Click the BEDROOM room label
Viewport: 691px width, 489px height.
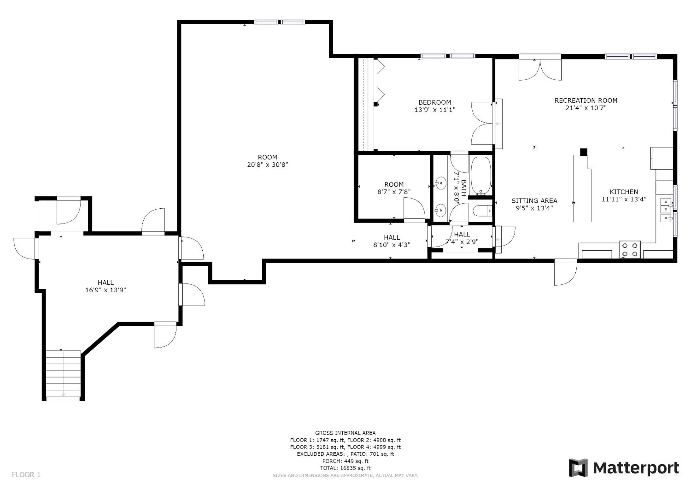[x=435, y=102]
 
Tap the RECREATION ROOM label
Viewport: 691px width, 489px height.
[x=586, y=101]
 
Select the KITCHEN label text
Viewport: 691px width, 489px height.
[x=624, y=192]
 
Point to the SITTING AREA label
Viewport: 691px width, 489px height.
[x=534, y=201]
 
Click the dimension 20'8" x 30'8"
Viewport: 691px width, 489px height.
[x=267, y=165]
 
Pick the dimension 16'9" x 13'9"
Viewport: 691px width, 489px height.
[x=105, y=290]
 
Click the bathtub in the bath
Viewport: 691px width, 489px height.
[x=481, y=175]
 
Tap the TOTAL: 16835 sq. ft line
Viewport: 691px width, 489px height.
[x=345, y=468]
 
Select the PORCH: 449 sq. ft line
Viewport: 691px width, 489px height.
[x=345, y=461]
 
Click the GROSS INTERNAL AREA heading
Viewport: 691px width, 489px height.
[x=345, y=433]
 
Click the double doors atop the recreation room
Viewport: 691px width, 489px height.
[x=540, y=70]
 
